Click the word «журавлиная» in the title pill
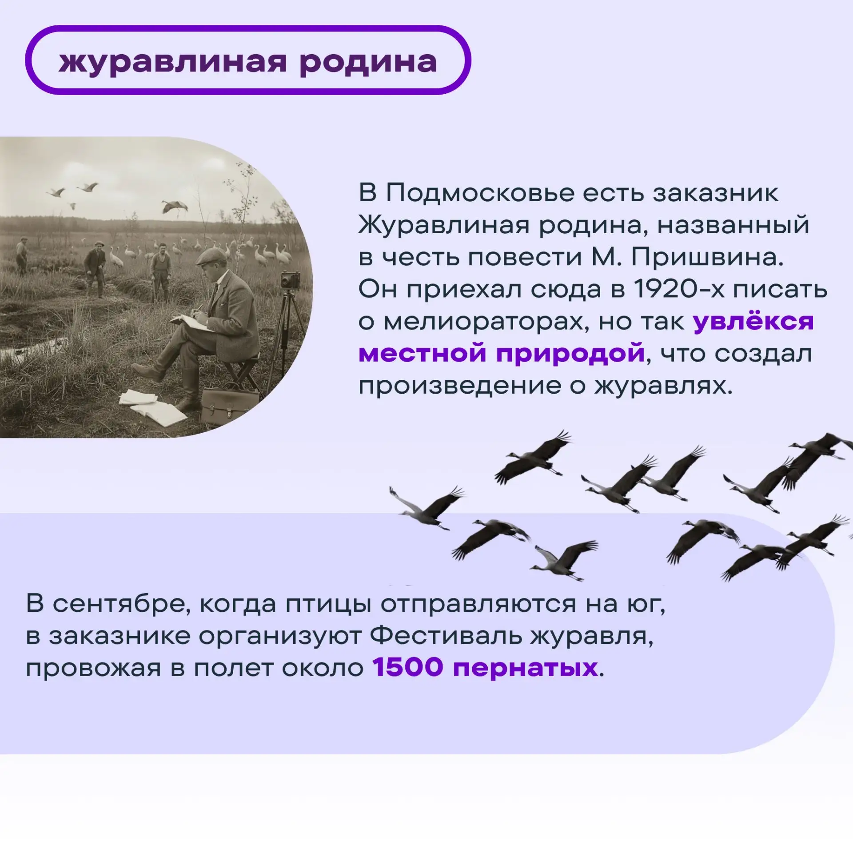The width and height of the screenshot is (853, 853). tap(173, 62)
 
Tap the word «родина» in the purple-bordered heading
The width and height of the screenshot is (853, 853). tap(368, 62)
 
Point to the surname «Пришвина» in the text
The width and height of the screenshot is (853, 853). tap(707, 258)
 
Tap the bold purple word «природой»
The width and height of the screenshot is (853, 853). tap(570, 354)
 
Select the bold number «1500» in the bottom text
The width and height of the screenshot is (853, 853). tap(408, 667)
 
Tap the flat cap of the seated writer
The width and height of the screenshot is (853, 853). tap(211, 256)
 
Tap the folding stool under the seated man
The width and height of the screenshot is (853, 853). tap(243, 373)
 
